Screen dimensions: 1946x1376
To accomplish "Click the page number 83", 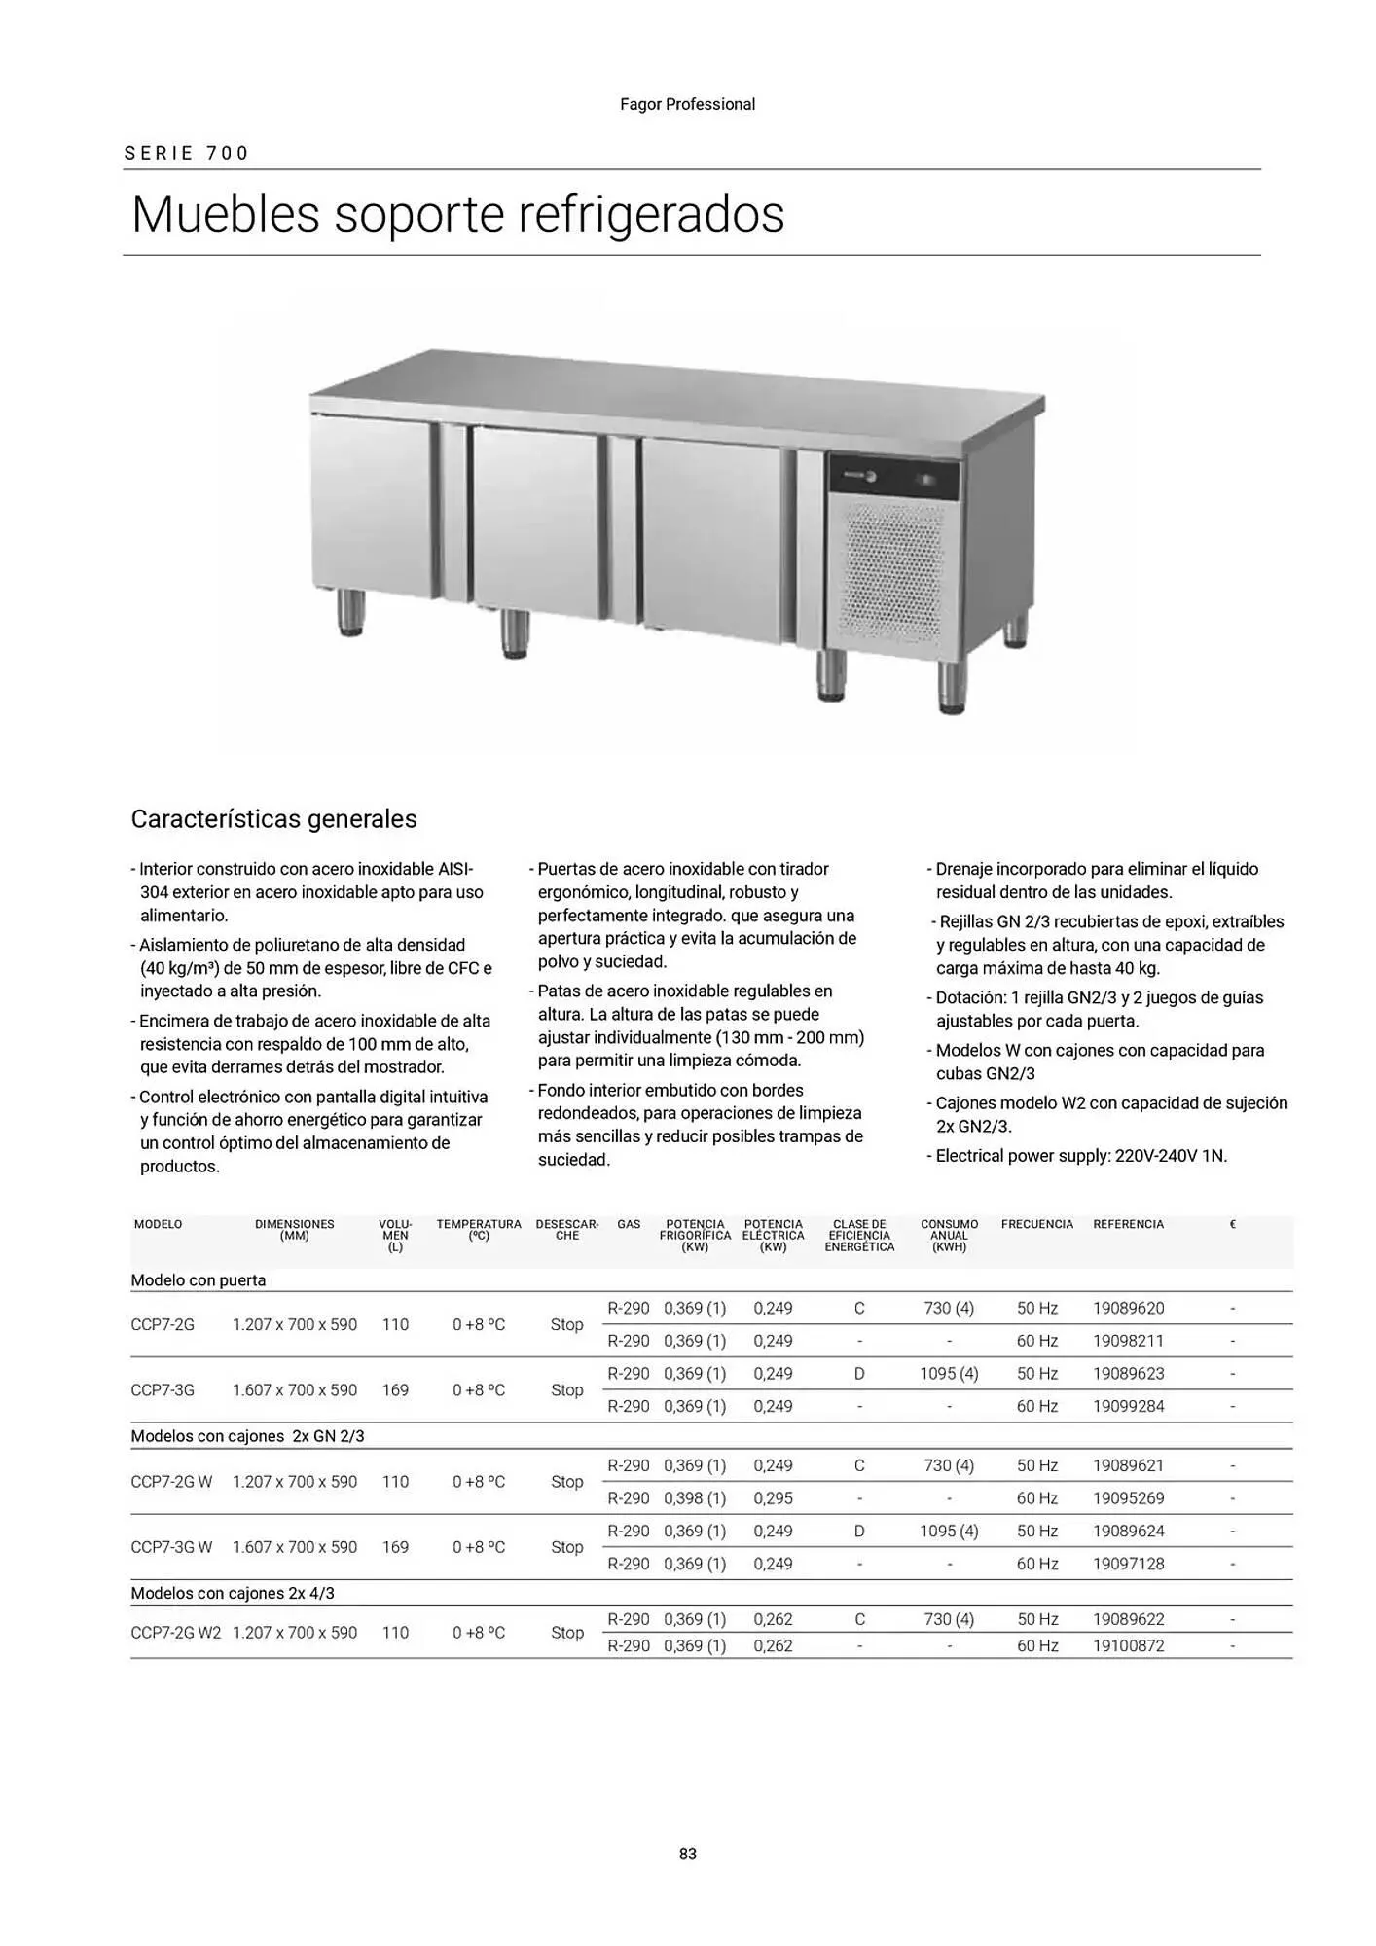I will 688,1854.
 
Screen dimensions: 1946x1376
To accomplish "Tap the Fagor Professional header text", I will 687,104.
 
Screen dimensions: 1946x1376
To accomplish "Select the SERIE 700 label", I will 187,153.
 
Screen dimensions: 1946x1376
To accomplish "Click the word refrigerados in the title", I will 651,214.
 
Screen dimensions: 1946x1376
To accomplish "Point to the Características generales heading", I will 273,819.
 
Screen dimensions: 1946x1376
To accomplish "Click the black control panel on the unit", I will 893,477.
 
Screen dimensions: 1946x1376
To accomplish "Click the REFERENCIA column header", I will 1128,1224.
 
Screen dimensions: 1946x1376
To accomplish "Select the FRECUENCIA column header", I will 1036,1224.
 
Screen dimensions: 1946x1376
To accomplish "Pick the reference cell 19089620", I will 1128,1308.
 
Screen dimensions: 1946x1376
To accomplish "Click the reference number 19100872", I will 1128,1645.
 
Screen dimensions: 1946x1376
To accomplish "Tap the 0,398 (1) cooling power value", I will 695,1497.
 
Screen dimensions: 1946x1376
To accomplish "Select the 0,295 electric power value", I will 773,1497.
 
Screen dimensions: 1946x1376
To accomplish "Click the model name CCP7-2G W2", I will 176,1632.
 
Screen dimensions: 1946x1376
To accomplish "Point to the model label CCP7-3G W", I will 171,1546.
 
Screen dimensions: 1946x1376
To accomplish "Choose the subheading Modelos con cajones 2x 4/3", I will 233,1593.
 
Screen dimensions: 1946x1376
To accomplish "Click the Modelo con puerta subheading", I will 199,1280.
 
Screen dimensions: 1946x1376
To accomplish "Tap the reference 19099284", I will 1128,1406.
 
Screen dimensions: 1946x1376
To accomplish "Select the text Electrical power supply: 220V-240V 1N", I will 1080,1156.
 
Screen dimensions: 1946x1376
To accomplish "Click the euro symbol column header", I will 1232,1224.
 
